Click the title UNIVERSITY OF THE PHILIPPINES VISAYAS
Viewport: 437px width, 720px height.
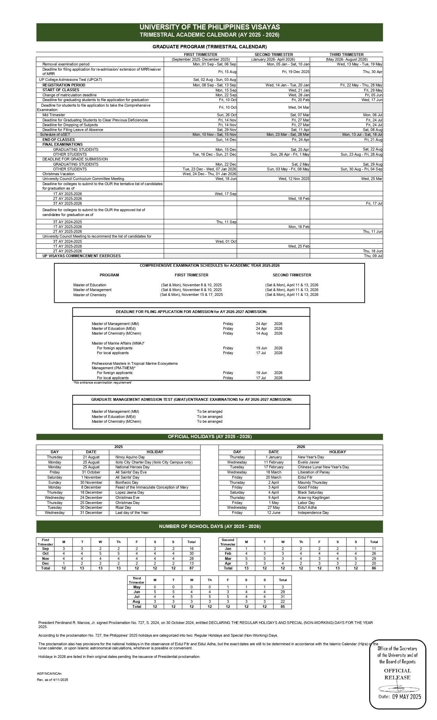click(209, 27)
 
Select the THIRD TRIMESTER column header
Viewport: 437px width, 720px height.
click(347, 55)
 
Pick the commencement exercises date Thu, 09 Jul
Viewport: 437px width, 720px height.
click(373, 256)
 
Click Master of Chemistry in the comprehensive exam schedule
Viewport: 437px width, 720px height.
click(90, 295)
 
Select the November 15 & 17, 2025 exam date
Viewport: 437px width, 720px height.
click(191, 295)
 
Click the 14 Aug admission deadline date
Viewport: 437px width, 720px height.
click(262, 333)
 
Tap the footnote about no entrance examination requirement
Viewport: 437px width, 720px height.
click(102, 383)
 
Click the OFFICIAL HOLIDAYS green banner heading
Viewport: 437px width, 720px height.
click(209, 436)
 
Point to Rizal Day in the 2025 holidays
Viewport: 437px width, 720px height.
click(123, 507)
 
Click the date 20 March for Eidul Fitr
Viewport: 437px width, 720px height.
click(274, 477)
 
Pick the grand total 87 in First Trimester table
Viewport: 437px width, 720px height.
click(191, 568)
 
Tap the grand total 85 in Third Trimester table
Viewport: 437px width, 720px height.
click(283, 607)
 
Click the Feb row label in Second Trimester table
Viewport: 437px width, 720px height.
click(228, 553)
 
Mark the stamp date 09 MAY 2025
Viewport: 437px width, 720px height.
click(406, 696)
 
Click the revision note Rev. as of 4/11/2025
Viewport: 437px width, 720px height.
click(52, 680)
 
